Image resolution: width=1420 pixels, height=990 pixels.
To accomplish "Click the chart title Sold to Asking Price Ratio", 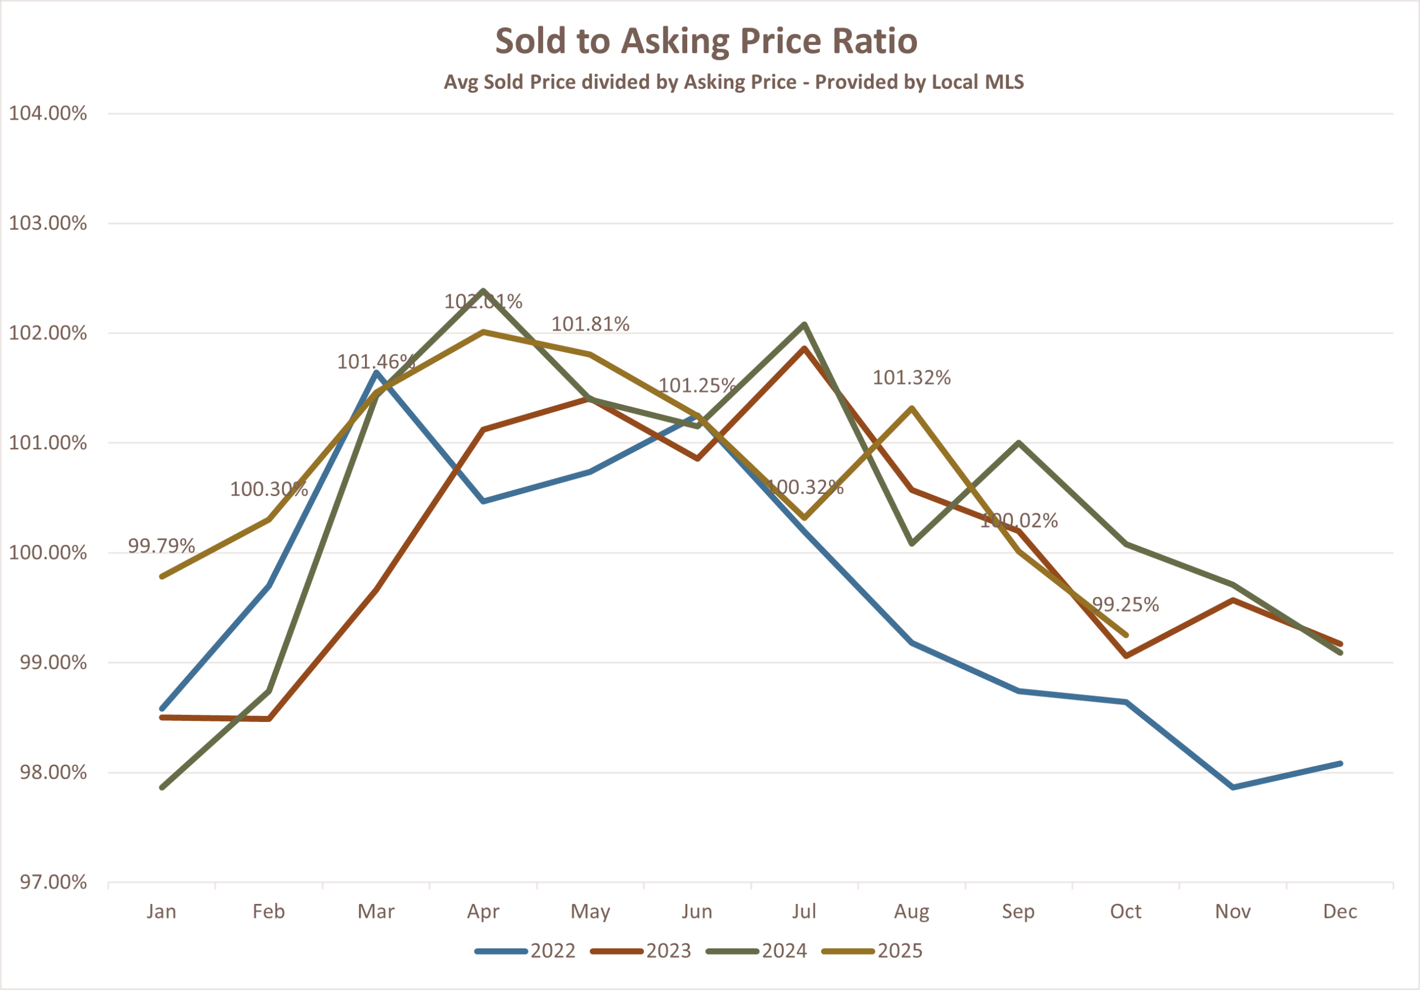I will click(706, 41).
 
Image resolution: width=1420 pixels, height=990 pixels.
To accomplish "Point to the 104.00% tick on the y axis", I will click(48, 113).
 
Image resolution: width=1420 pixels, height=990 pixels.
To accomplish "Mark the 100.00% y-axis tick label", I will click(48, 553).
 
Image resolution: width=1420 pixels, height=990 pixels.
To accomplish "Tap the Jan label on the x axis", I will click(161, 911).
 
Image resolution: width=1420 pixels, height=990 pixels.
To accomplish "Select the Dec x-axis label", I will click(1340, 911).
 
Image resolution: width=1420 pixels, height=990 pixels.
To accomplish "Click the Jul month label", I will click(804, 911).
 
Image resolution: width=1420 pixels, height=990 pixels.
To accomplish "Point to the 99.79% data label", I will click(161, 545).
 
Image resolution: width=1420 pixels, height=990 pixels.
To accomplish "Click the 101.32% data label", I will click(911, 377).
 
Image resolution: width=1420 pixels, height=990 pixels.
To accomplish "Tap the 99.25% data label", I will click(1125, 604).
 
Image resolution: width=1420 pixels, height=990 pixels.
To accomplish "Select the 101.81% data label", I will click(590, 324).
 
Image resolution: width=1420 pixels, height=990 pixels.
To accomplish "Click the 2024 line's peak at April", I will click(483, 290).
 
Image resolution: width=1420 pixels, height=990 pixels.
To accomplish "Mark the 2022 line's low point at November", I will click(1233, 787).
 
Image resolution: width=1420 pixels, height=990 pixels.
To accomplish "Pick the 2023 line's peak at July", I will click(804, 348).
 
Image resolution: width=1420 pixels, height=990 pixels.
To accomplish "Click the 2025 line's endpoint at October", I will click(1126, 635).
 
